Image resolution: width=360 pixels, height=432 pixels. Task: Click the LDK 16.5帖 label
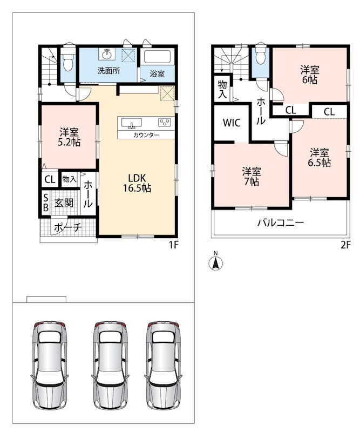(x=137, y=183)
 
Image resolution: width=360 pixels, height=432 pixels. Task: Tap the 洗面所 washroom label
(x=109, y=71)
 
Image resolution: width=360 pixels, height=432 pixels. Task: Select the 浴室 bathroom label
(x=157, y=73)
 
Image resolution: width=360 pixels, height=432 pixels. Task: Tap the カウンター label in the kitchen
(x=146, y=135)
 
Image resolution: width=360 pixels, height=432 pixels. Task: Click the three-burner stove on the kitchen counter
(x=165, y=122)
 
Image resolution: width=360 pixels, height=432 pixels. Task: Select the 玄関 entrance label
(x=64, y=203)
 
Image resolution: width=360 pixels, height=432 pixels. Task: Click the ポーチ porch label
(x=68, y=227)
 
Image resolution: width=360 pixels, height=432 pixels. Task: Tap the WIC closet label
(x=232, y=123)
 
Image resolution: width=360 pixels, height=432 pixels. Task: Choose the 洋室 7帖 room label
(x=252, y=177)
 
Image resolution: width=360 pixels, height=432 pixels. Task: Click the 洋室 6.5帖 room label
(x=319, y=157)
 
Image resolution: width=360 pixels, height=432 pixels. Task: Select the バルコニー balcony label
(x=281, y=222)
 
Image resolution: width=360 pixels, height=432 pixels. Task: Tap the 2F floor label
(x=345, y=245)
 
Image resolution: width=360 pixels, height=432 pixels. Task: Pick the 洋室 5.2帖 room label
(x=69, y=137)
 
